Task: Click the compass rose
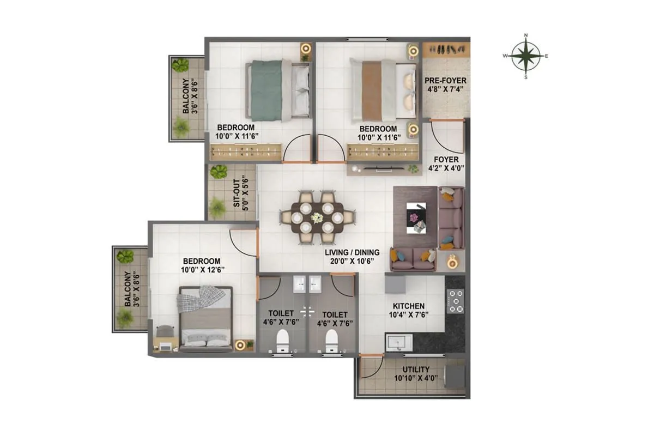(x=526, y=56)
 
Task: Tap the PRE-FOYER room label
(x=445, y=81)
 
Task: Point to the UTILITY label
(x=416, y=369)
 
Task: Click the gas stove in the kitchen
(x=456, y=301)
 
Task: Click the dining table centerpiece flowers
(x=317, y=216)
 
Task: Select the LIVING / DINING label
(x=348, y=252)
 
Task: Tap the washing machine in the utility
(x=455, y=376)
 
